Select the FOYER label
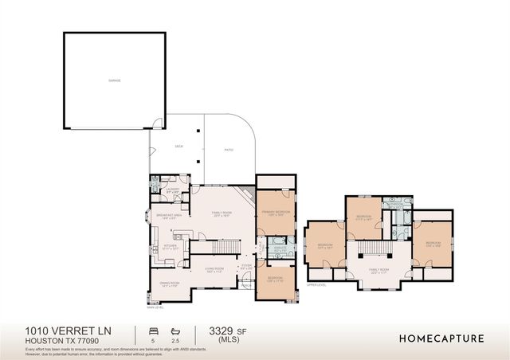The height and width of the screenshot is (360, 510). pos(246,266)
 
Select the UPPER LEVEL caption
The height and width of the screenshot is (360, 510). pos(317,285)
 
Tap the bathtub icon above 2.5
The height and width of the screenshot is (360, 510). pos(175,330)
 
